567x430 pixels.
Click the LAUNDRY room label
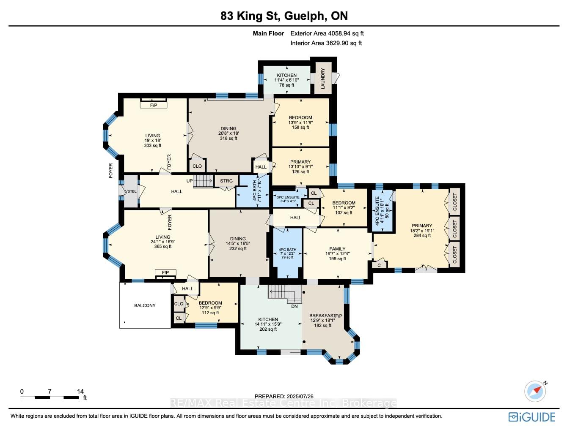(323, 79)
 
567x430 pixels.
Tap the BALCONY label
(145, 305)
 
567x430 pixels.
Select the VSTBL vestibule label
(131, 191)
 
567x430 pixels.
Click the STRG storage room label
(226, 181)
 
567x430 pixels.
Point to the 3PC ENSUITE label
(288, 197)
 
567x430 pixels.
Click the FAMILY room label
(337, 249)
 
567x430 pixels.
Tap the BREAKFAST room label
(322, 316)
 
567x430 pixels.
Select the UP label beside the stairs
(190, 181)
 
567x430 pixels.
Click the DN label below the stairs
(294, 307)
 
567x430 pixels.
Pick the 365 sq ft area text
(163, 246)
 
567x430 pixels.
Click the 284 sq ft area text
(422, 235)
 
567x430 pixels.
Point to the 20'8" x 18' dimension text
(228, 133)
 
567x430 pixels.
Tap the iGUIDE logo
(532, 417)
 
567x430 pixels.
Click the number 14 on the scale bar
(80, 392)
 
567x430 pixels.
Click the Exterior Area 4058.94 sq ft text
(327, 33)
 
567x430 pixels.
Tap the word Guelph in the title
(304, 16)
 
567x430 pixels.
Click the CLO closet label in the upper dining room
(197, 166)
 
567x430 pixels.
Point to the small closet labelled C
(379, 265)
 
